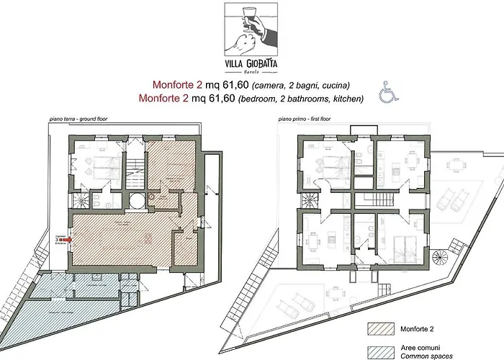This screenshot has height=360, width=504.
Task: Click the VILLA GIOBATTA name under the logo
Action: click(x=251, y=60)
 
